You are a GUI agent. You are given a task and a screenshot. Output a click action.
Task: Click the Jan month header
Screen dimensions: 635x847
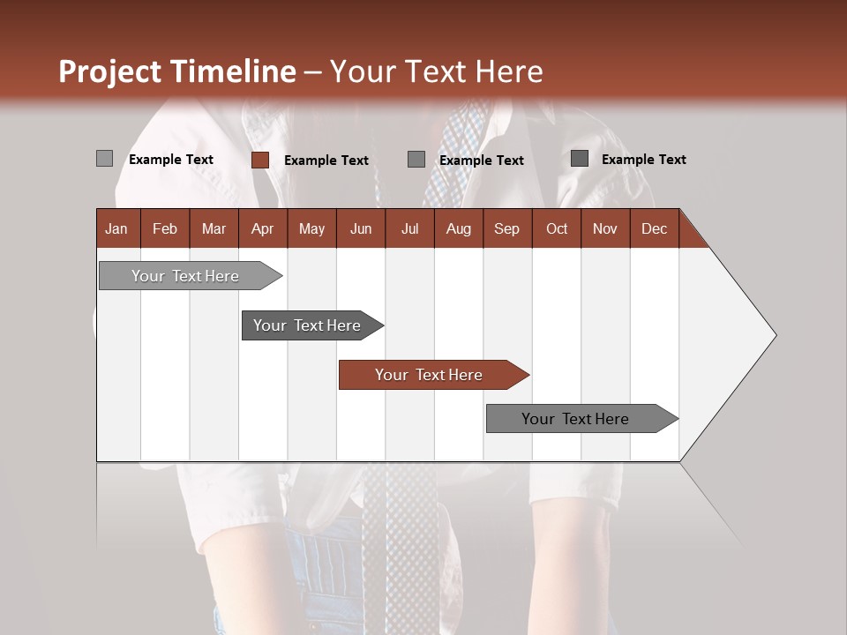116,228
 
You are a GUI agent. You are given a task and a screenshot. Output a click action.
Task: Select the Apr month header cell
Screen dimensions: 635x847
262,228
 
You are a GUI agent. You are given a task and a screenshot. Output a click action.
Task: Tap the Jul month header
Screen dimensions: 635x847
409,228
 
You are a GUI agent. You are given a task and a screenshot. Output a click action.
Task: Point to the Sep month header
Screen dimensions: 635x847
506,228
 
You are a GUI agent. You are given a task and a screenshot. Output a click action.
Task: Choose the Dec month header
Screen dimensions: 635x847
654,228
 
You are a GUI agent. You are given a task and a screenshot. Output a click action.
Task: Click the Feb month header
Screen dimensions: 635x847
165,228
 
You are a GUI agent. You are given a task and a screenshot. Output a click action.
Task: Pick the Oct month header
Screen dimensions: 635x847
557,228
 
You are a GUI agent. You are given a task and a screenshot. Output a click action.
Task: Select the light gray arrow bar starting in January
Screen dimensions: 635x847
185,276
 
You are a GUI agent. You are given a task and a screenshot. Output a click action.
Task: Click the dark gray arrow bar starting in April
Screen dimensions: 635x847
307,325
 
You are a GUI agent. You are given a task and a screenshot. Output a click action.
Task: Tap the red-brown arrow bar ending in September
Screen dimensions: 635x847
429,375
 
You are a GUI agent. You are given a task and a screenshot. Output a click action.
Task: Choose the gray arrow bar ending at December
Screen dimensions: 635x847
575,419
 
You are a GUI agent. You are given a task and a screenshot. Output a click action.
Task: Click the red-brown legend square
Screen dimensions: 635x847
260,160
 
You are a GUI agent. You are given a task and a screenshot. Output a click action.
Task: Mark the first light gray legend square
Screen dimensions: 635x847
104,159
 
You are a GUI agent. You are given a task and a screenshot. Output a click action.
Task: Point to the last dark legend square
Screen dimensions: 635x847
580,159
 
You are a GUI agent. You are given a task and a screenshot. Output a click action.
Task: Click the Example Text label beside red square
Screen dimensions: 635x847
326,161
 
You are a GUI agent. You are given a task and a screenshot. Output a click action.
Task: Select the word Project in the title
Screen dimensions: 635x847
109,71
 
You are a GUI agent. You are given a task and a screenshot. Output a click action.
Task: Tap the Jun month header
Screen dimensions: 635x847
361,228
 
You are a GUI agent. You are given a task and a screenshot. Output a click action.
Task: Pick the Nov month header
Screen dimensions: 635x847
605,228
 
